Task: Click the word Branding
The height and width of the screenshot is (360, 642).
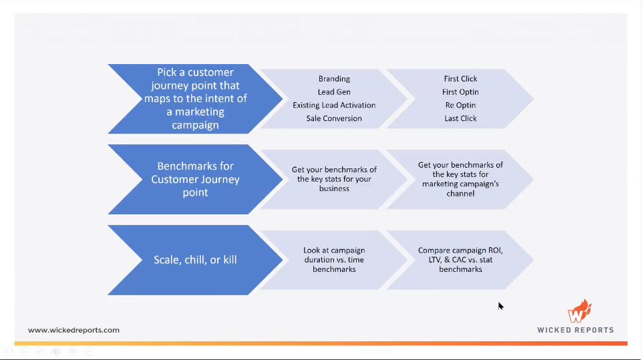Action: (334, 79)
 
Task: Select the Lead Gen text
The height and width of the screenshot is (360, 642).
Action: (334, 92)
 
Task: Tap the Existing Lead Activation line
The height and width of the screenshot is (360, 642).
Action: (334, 106)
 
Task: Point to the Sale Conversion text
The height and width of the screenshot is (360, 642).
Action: (334, 119)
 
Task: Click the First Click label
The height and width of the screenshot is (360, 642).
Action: (460, 79)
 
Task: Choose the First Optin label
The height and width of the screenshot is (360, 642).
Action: (460, 92)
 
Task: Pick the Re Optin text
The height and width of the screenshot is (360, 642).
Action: (460, 106)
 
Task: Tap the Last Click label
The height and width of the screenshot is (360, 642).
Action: (460, 119)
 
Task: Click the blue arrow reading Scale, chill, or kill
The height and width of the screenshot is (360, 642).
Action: (196, 260)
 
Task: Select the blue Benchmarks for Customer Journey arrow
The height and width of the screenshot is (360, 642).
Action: (196, 179)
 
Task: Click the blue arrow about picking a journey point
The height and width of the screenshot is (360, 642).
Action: (196, 99)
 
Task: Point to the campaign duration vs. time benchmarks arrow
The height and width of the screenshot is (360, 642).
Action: (334, 260)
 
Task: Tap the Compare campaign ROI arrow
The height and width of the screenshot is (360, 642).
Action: (460, 260)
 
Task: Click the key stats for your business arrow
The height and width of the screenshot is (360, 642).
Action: (334, 179)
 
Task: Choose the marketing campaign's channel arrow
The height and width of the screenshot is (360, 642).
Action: (460, 179)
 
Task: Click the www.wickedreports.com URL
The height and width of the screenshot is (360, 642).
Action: (73, 330)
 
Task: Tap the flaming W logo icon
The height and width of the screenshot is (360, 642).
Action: (579, 313)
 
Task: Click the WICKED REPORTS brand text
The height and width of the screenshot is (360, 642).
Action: (575, 330)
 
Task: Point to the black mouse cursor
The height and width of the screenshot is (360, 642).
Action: (500, 306)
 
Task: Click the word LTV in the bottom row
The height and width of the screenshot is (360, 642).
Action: (435, 260)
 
